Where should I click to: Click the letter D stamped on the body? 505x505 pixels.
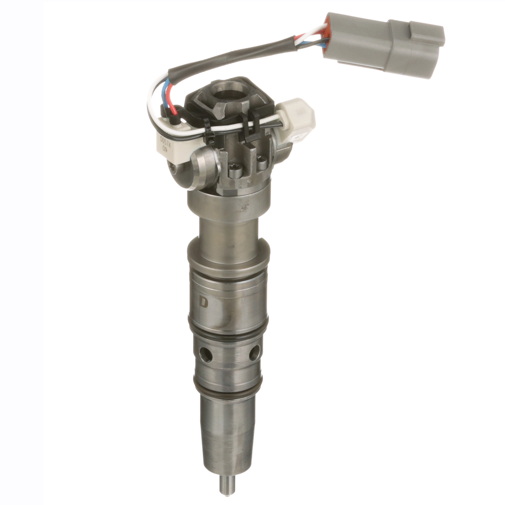click(204, 302)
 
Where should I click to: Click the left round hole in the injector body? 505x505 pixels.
click(204, 353)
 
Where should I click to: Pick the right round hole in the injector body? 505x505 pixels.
click(255, 352)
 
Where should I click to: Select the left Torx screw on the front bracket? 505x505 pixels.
click(234, 174)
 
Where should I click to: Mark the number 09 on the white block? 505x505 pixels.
click(165, 148)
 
